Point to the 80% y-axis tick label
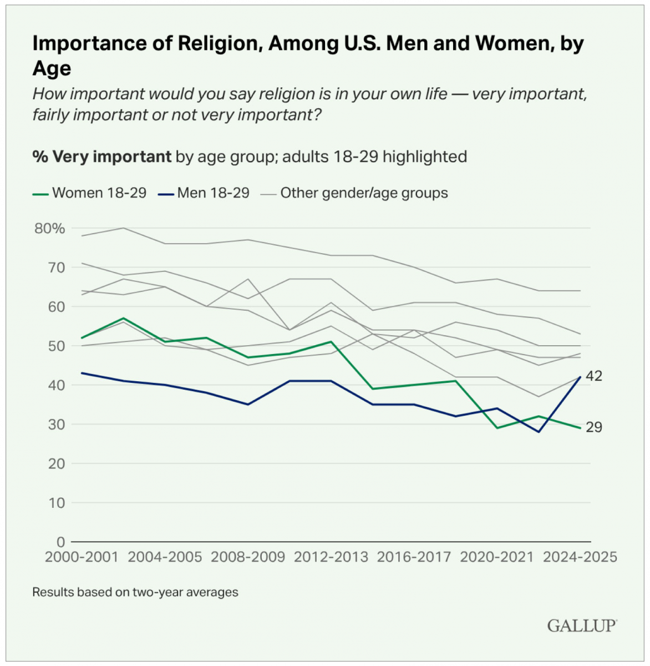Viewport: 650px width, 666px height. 50,229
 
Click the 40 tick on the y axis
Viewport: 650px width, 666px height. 57,385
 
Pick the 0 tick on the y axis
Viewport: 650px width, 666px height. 61,542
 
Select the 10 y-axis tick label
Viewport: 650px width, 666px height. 57,503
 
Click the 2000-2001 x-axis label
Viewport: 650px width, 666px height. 82,557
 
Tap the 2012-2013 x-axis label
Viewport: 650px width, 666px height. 331,557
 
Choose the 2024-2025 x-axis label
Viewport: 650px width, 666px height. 580,557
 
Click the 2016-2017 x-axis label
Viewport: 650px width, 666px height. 414,557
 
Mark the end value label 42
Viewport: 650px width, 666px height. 594,376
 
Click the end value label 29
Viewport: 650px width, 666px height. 594,427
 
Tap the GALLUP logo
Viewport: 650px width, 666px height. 582,626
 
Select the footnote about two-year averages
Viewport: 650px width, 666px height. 135,592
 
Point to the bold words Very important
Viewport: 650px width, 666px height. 112,157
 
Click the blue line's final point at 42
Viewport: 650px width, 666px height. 580,377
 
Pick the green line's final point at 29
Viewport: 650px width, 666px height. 580,428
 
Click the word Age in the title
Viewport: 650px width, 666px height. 52,69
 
